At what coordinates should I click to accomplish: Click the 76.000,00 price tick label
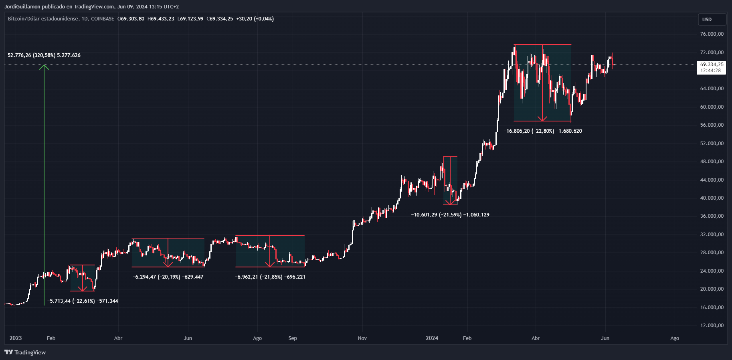[x=712, y=34]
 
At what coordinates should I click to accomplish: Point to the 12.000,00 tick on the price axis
[x=712, y=326]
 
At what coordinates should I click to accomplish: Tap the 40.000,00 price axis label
[x=712, y=198]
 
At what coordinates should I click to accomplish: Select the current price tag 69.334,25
[x=712, y=65]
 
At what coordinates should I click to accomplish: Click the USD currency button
[x=712, y=19]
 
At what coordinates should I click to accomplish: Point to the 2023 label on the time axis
[x=16, y=338]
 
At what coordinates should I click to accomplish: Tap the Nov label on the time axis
[x=362, y=338]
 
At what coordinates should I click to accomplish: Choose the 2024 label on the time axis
[x=432, y=338]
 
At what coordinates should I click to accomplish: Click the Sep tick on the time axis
[x=293, y=338]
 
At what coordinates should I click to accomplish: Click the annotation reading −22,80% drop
[x=543, y=131]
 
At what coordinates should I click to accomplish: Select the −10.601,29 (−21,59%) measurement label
[x=450, y=215]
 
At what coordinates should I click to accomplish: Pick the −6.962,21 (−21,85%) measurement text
[x=270, y=277]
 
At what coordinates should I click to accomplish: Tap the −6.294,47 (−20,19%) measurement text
[x=168, y=277]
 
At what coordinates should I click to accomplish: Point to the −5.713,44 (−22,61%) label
[x=83, y=301]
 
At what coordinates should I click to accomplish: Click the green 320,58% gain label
[x=44, y=55]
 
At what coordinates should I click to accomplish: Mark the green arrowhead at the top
[x=44, y=67]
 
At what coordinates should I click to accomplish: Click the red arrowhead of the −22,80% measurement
[x=542, y=118]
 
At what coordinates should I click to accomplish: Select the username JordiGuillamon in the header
[x=22, y=6]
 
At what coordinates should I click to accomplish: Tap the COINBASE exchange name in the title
[x=103, y=19]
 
